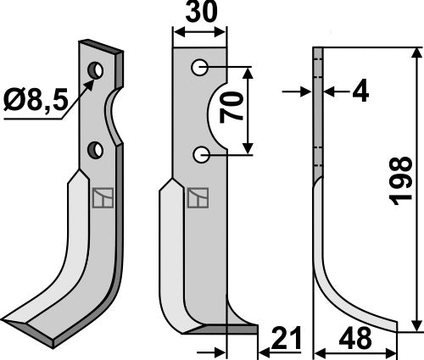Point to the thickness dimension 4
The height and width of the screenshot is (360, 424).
pyautogui.click(x=360, y=91)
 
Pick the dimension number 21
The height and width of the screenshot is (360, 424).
pyautogui.click(x=279, y=339)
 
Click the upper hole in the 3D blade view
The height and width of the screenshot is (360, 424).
pyautogui.click(x=99, y=68)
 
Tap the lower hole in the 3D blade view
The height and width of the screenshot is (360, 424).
pyautogui.click(x=98, y=150)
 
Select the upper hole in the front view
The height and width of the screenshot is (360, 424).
pyautogui.click(x=200, y=66)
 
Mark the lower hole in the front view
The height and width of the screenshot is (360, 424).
pyautogui.click(x=200, y=154)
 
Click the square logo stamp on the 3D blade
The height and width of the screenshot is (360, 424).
pyautogui.click(x=100, y=197)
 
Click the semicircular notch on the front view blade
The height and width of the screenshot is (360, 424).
pyautogui.click(x=218, y=110)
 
